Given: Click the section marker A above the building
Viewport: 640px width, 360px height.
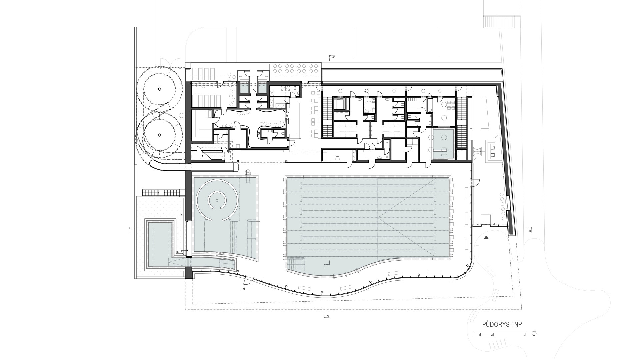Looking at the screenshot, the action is (x=333, y=57).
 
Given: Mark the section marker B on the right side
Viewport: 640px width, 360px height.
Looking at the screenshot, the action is (x=530, y=230).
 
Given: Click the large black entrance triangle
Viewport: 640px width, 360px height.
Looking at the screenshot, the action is (x=486, y=238).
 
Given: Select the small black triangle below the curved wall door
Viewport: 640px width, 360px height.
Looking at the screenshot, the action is (x=244, y=289).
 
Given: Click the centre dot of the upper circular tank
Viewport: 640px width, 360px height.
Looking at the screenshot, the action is (x=159, y=89).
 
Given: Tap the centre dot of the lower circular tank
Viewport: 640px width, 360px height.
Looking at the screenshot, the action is (x=159, y=135).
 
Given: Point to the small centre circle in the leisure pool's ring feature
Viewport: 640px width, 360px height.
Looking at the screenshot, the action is (x=217, y=200).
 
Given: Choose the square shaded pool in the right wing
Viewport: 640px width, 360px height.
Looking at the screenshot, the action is (x=443, y=140).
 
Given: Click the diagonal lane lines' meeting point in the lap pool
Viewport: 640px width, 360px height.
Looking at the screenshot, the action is (x=378, y=218).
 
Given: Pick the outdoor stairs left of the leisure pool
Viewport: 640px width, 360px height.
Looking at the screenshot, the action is (x=163, y=192).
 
